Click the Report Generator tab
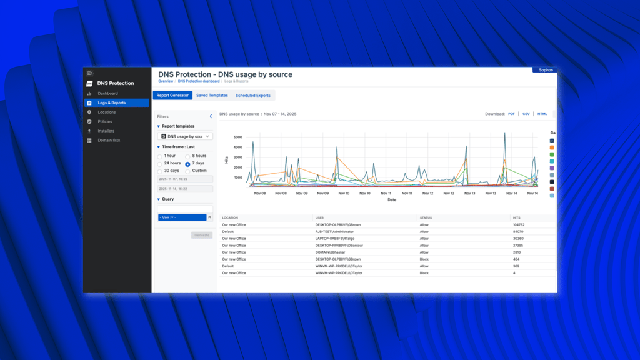172,96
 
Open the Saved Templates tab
212,96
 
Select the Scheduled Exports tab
252,96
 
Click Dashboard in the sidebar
107,94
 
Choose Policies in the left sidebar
105,122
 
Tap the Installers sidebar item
106,131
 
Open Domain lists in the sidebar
109,141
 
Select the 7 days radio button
187,164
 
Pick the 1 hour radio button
159,156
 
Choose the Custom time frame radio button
187,171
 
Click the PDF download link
511,114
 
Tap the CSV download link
526,114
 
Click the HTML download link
542,114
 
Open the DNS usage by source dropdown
186,136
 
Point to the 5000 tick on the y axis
237,137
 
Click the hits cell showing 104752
518,225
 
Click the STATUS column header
426,218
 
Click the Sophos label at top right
546,70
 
